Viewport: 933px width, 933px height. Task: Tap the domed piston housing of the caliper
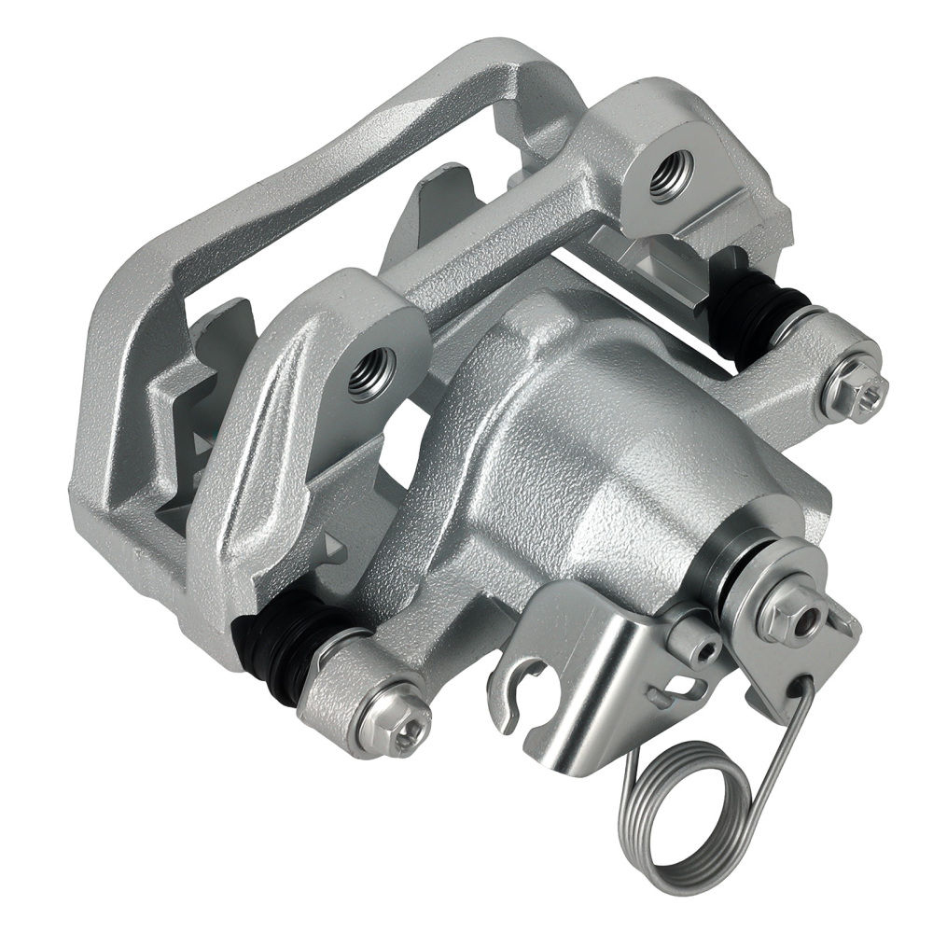(x=578, y=439)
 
